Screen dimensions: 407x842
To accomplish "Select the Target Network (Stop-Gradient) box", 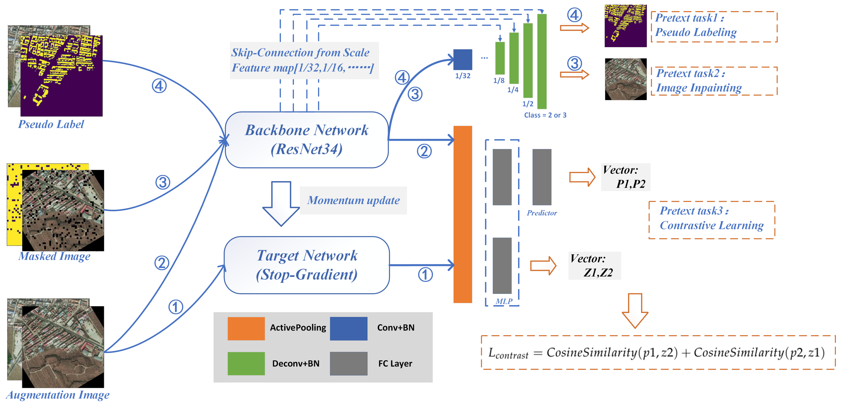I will (x=307, y=265).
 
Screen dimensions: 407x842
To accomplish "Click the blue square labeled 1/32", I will (x=462, y=60).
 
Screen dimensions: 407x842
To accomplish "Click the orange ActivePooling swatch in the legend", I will (x=246, y=328).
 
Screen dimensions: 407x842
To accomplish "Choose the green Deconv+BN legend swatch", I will (x=246, y=364).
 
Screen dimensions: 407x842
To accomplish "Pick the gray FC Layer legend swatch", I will (x=349, y=364).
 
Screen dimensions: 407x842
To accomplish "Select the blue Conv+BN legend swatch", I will (x=349, y=328).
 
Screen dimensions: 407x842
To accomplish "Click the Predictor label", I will (x=542, y=213).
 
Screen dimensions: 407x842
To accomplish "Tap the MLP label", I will (x=504, y=301).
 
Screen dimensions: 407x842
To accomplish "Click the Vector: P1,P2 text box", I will (x=625, y=177).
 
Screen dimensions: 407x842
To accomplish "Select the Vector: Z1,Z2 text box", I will (x=594, y=266).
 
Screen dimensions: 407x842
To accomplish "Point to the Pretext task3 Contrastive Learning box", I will (x=712, y=220).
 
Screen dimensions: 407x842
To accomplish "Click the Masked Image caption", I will (x=54, y=256).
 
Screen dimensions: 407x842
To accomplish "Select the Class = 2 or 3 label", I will (x=545, y=115).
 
